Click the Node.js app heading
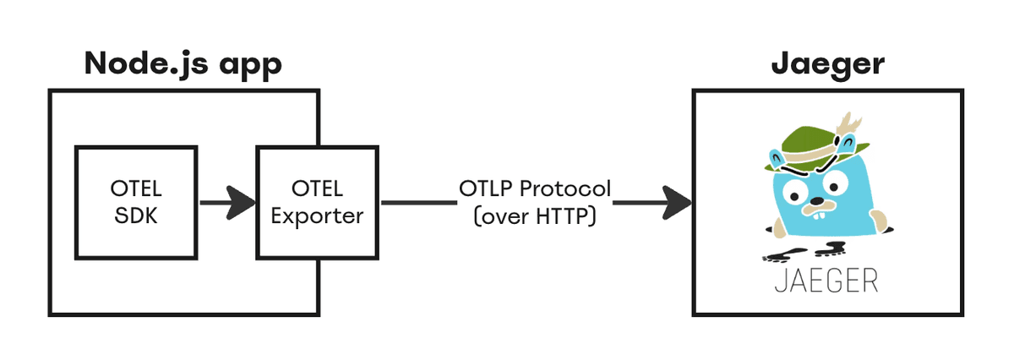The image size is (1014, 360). pos(183,65)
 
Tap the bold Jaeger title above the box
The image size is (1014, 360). pos(828,65)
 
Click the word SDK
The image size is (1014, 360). pos(136,215)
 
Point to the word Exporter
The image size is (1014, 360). pos(317,216)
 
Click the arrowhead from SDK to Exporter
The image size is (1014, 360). pos(241,203)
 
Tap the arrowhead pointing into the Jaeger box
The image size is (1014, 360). pos(677,203)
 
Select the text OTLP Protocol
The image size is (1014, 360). pos(535,188)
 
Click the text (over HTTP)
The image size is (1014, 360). pos(535,216)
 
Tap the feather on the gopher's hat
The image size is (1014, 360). pos(848,123)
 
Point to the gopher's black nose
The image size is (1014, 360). pos(816,200)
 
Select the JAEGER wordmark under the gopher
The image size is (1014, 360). pos(826,281)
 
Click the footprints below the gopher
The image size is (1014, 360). pos(804,252)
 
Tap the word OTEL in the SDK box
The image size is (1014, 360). pos(136,188)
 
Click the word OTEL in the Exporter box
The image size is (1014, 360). pos(317,188)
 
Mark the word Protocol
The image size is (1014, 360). pos(565,188)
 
